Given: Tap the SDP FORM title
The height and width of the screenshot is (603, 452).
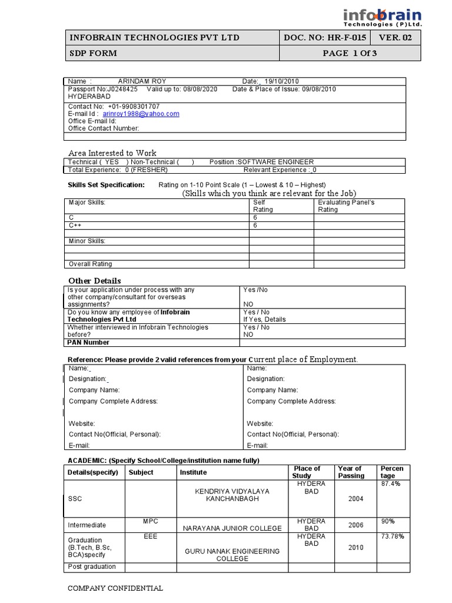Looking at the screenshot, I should pyautogui.click(x=93, y=54).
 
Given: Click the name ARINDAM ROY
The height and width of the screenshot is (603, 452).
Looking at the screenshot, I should pyautogui.click(x=142, y=81).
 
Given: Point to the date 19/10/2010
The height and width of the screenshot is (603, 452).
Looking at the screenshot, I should pyautogui.click(x=283, y=81).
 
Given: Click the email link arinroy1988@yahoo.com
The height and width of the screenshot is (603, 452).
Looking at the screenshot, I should pyautogui.click(x=141, y=114).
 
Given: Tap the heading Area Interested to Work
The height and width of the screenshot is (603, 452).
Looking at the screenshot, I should pyautogui.click(x=112, y=153).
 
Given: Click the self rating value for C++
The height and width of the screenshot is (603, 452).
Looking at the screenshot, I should pyautogui.click(x=255, y=226).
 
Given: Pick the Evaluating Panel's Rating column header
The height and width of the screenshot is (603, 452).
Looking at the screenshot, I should pyautogui.click(x=346, y=206).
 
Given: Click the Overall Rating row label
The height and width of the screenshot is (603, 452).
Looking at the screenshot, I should pyautogui.click(x=90, y=264).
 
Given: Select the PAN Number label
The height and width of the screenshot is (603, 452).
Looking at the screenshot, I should pyautogui.click(x=88, y=342).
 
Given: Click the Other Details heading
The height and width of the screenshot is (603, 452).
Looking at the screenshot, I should pyautogui.click(x=95, y=280).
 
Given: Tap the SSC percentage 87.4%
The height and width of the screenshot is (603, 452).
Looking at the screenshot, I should pyautogui.click(x=391, y=483).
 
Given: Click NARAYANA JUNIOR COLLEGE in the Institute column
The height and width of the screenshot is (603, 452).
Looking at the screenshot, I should pyautogui.click(x=232, y=528).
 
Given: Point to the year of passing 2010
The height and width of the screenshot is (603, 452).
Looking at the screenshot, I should pyautogui.click(x=355, y=547).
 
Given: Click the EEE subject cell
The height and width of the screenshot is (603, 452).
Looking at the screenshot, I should pyautogui.click(x=151, y=536).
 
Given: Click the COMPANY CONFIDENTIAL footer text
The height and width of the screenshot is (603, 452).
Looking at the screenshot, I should pyautogui.click(x=115, y=588).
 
